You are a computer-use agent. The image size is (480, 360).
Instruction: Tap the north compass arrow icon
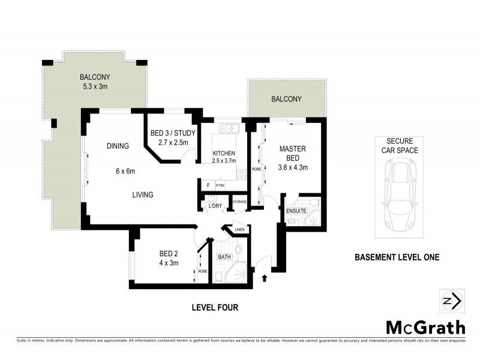(451, 300)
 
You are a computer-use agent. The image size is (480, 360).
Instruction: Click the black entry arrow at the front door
(265, 278)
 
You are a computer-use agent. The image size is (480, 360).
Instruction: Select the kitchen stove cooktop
(242, 175)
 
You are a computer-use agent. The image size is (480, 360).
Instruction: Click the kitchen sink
(229, 128)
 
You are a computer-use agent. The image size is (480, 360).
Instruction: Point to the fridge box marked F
(208, 185)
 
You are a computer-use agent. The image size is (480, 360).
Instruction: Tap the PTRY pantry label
(220, 186)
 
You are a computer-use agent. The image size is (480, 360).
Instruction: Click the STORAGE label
(240, 201)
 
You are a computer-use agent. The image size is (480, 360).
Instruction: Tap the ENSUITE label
(296, 211)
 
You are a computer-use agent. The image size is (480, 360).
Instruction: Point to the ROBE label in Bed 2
(203, 271)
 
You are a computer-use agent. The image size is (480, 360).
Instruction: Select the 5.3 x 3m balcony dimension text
(95, 87)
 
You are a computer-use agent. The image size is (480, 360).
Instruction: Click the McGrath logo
(425, 327)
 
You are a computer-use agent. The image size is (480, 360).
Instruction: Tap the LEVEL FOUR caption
(215, 308)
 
